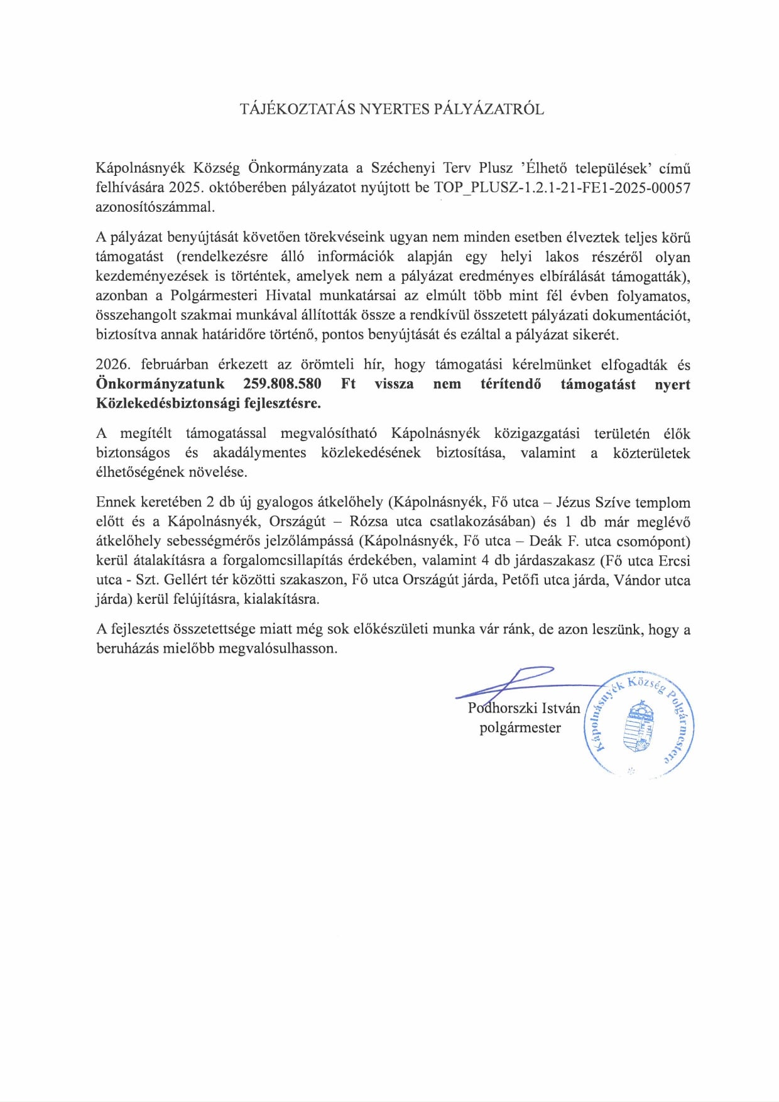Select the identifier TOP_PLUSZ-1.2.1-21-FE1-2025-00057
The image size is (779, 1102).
coord(562,188)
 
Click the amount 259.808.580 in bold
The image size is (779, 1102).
coord(282,384)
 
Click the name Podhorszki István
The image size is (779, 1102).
coord(524,708)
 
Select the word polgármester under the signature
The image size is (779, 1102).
coord(520,728)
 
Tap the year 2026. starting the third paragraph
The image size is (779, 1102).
coord(113,364)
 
